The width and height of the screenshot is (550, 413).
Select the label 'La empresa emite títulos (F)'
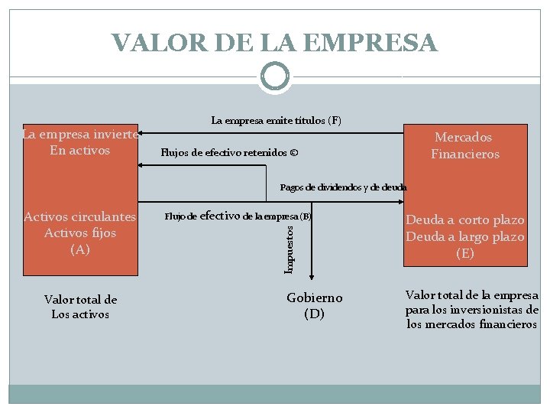click(x=277, y=120)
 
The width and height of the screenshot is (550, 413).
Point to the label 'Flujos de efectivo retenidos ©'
click(x=229, y=153)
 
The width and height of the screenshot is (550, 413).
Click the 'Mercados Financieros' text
click(x=464, y=145)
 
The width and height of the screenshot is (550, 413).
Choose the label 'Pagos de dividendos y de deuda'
click(x=343, y=187)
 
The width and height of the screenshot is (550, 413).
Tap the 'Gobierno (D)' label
click(x=314, y=305)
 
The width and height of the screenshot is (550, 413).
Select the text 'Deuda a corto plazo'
click(x=465, y=220)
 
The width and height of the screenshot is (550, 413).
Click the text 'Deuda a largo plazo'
click(x=465, y=237)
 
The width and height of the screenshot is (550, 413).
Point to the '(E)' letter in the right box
click(x=465, y=254)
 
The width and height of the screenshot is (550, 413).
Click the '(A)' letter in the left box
click(x=79, y=249)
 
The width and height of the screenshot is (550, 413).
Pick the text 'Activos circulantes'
click(x=79, y=217)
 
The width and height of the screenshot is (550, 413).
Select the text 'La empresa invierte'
click(x=79, y=134)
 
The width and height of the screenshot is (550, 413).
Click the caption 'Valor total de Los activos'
click(x=80, y=307)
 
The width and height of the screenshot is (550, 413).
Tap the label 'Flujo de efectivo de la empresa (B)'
click(x=238, y=216)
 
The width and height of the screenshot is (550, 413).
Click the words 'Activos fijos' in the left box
click(x=79, y=233)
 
